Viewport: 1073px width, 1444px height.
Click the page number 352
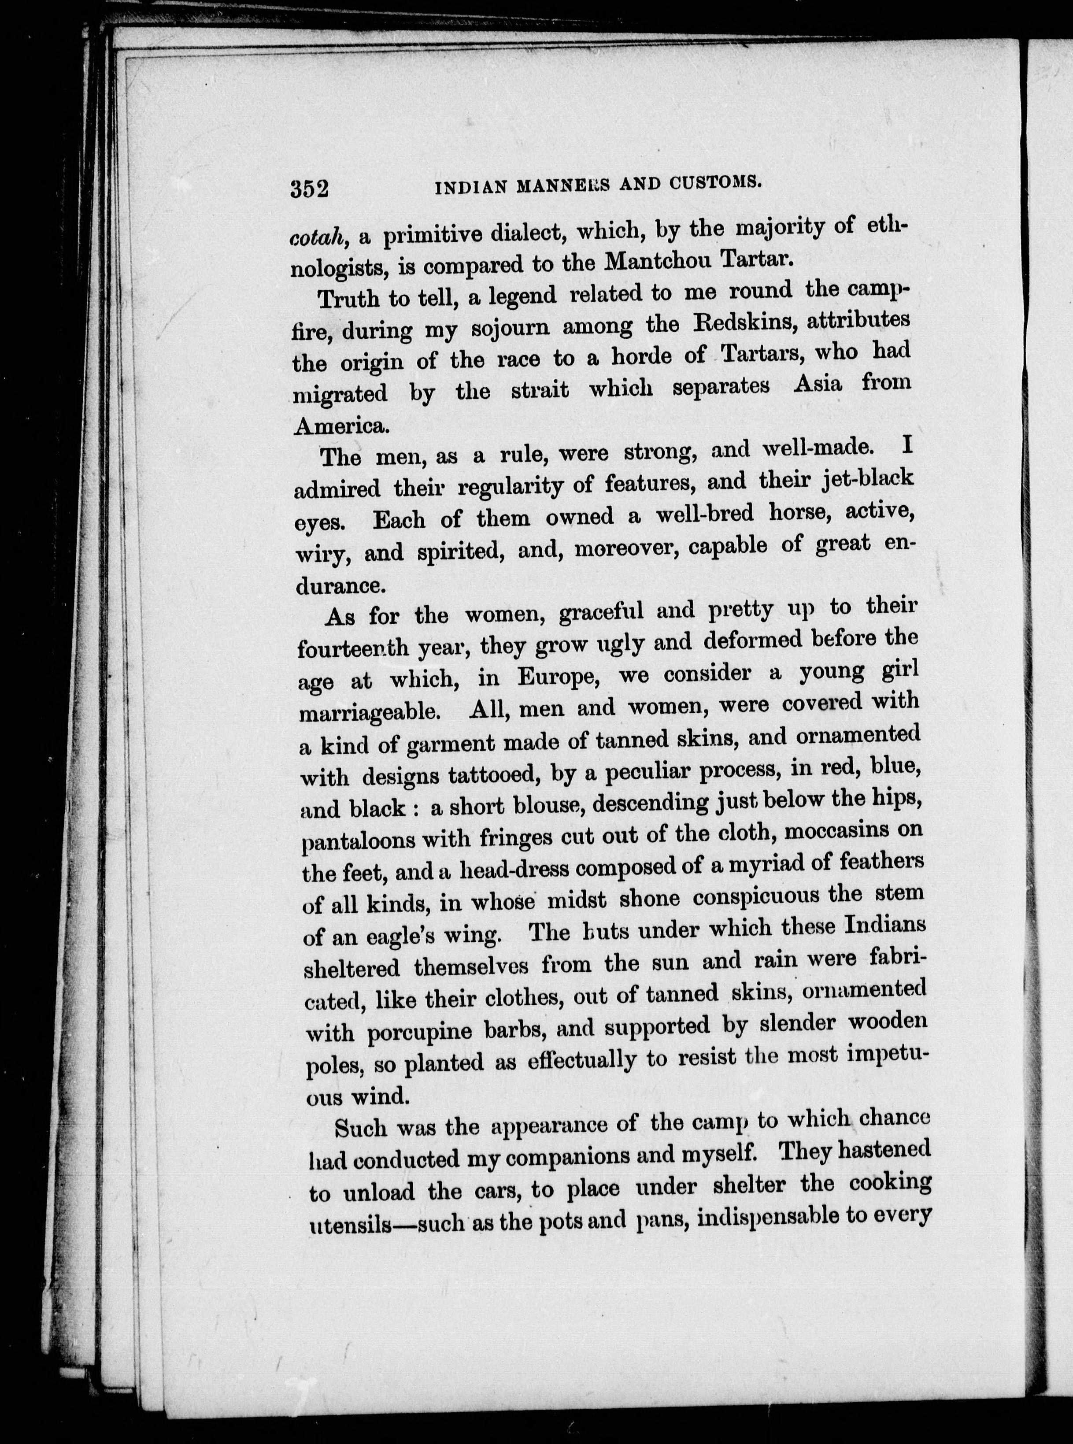(310, 189)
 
